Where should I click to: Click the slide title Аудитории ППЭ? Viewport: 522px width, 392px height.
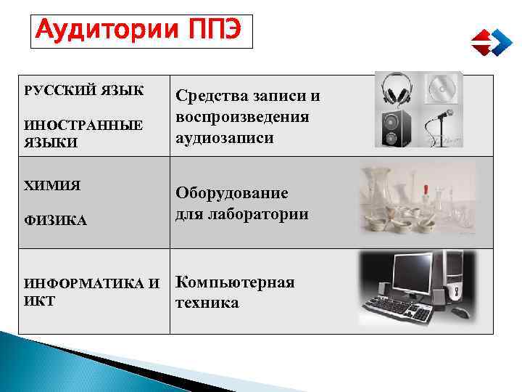141,30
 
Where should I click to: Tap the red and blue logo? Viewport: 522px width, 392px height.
491,41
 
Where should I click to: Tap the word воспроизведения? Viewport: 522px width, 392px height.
242,117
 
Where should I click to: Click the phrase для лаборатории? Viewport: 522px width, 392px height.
241,214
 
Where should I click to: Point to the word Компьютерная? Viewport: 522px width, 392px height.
235,282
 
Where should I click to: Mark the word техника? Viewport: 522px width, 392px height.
207,303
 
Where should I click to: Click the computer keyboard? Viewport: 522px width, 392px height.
406,310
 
